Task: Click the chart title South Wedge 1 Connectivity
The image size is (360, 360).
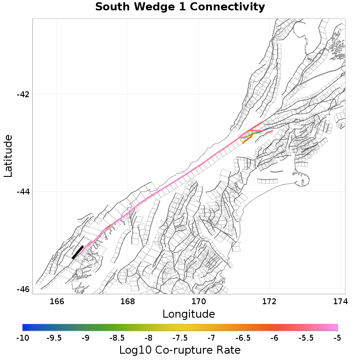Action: (x=180, y=7)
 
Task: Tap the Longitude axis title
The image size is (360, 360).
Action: (x=189, y=314)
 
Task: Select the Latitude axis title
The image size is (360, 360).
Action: (x=8, y=156)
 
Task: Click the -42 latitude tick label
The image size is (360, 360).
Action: (x=23, y=94)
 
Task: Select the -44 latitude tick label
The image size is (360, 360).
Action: (x=23, y=192)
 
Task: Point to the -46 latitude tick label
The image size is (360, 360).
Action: (x=23, y=289)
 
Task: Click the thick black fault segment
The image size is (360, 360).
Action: (x=77, y=252)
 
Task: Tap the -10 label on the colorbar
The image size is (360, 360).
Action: (x=22, y=338)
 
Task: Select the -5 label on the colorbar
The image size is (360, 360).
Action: (x=337, y=338)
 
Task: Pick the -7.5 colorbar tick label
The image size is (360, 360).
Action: (x=180, y=338)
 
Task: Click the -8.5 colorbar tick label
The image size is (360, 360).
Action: (x=117, y=338)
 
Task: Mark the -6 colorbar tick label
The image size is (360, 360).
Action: (x=274, y=338)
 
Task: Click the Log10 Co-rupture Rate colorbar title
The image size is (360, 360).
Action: (x=180, y=350)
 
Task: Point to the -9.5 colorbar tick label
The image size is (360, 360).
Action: (x=54, y=338)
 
